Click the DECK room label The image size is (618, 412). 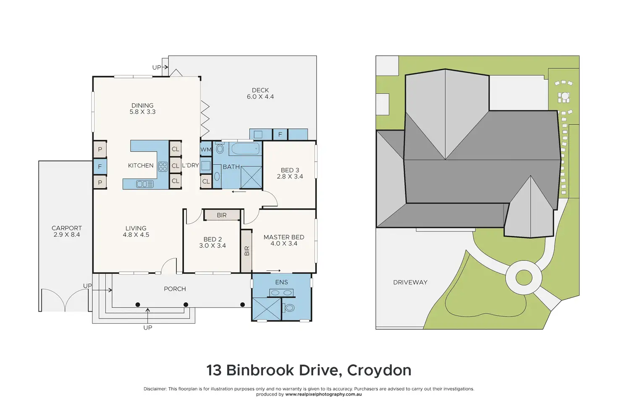click(x=260, y=90)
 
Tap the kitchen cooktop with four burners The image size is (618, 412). click(x=163, y=167)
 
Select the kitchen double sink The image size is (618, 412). click(x=145, y=184)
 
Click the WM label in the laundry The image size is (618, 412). click(x=206, y=150)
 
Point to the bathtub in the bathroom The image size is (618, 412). click(x=245, y=149)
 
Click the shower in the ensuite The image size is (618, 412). click(x=267, y=309)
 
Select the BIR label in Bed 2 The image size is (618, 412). click(x=222, y=215)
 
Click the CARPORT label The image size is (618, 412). click(x=67, y=228)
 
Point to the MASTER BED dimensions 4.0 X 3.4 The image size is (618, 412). click(x=284, y=244)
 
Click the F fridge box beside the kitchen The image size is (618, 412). click(x=100, y=166)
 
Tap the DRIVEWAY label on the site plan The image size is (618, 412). click(x=410, y=282)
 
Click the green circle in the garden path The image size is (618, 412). click(x=524, y=278)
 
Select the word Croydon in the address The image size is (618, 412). click(x=379, y=370)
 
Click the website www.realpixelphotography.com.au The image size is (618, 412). click(x=323, y=394)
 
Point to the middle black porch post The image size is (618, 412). click(x=186, y=304)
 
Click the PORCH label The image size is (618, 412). click(x=175, y=289)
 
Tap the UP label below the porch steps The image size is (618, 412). click(x=148, y=328)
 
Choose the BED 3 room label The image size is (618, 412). click(x=290, y=170)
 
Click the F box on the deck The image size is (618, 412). click(x=280, y=134)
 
